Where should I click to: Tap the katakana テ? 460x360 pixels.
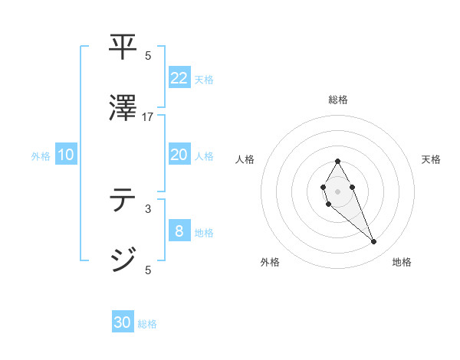(x=123, y=201)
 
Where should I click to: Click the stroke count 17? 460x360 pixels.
(x=148, y=116)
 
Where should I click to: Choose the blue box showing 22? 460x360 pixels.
(x=179, y=77)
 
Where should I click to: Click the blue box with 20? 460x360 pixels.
(x=179, y=155)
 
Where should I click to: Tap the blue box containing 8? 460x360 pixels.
(x=179, y=231)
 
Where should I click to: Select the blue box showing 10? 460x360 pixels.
(x=66, y=155)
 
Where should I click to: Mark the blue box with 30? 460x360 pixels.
(x=123, y=322)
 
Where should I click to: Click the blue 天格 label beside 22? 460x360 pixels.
(x=204, y=79)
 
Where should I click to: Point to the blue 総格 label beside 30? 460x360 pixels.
(x=147, y=324)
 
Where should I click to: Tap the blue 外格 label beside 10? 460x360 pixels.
(x=41, y=156)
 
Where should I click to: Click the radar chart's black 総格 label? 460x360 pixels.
(x=337, y=100)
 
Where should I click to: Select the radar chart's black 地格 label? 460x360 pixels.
(x=402, y=263)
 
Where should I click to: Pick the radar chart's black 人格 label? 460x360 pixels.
(x=245, y=159)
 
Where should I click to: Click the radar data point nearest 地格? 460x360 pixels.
(x=374, y=242)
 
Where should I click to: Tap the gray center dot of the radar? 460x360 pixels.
(x=337, y=190)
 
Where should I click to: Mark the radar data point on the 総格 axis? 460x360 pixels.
(x=337, y=161)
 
